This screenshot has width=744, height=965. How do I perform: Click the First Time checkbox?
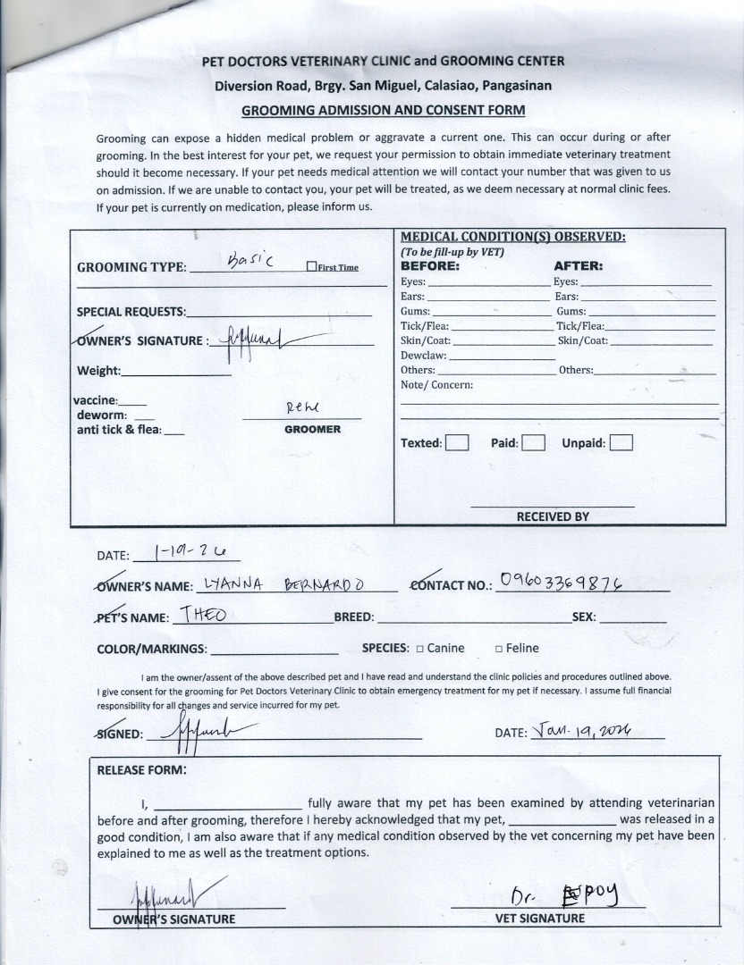click(311, 266)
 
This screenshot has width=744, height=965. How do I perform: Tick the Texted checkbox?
click(457, 442)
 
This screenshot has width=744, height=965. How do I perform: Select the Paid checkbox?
click(533, 442)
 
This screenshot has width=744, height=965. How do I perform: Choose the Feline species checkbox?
click(499, 649)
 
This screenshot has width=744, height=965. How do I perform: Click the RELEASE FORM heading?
click(141, 769)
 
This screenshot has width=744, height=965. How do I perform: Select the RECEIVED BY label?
click(553, 516)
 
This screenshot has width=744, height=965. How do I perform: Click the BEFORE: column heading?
click(430, 266)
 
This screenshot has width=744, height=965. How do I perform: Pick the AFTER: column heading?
click(579, 266)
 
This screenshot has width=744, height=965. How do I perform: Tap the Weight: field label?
click(98, 371)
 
